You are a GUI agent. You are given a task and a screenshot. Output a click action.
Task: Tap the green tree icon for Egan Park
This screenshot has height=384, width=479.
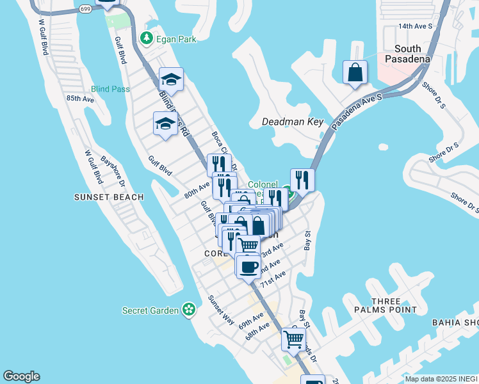coord(147,39)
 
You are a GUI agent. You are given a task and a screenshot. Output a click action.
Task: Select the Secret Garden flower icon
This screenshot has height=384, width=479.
coord(188,310)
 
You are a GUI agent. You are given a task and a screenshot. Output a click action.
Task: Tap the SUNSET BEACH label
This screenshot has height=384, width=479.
coord(109,197)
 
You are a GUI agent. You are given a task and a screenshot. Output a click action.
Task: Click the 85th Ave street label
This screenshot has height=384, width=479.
coord(80,99)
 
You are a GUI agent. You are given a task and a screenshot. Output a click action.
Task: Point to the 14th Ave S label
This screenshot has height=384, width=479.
coord(416,26)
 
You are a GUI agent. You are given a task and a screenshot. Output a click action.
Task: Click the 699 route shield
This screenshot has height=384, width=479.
coord(86,9)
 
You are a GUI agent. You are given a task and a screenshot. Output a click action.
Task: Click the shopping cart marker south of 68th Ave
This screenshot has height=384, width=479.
coord(293,339)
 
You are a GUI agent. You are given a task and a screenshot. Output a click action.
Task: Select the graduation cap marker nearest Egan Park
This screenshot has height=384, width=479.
coord(171,79)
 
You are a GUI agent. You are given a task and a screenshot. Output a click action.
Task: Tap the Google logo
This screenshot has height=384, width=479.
coord(21,376)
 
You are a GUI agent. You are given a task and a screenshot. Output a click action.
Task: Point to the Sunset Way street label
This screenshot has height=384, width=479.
coord(222,310)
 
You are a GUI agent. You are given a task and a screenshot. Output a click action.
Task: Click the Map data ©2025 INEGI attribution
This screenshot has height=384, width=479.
coord(441,379)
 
